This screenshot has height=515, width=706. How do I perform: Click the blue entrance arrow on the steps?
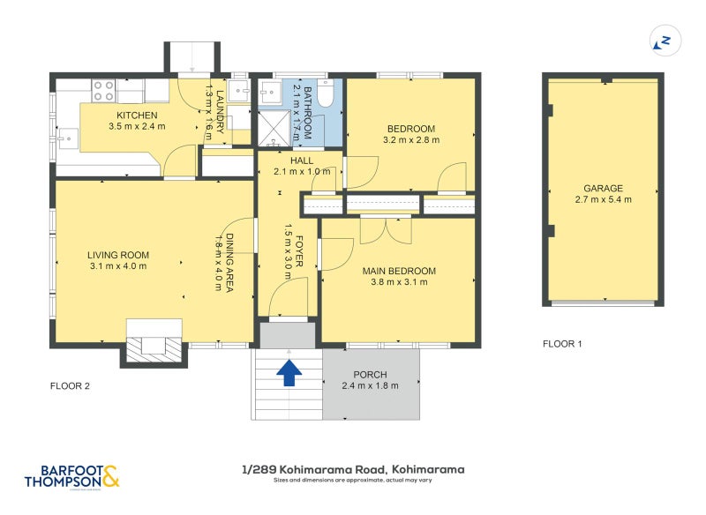[x=289, y=373]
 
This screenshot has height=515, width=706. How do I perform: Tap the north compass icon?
[x=665, y=41]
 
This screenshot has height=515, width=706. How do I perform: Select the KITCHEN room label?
[x=137, y=116]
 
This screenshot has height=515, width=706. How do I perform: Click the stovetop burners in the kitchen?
[x=103, y=91]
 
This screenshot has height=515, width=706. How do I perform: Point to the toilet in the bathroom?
[x=325, y=93]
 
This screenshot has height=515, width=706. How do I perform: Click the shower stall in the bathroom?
[x=274, y=128]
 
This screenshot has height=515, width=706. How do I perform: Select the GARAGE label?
[x=604, y=189]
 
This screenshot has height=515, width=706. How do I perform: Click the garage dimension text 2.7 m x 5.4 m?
[x=604, y=199]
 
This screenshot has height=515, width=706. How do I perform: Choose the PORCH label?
[x=370, y=375]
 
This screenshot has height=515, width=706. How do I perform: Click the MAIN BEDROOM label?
[x=400, y=272]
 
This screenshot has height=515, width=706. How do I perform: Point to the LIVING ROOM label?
[x=118, y=255]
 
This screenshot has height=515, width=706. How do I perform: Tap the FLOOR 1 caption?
[x=562, y=344]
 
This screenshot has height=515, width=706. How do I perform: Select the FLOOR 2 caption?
[x=70, y=386]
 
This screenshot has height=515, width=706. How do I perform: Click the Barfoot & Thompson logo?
[x=72, y=477]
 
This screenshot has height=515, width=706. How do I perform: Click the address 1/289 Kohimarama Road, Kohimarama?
[x=354, y=470]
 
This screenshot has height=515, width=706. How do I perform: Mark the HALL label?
[x=302, y=161]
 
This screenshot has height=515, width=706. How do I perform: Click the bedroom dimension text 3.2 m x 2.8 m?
[x=411, y=140]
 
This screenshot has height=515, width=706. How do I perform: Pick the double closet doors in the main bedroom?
[x=386, y=231]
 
